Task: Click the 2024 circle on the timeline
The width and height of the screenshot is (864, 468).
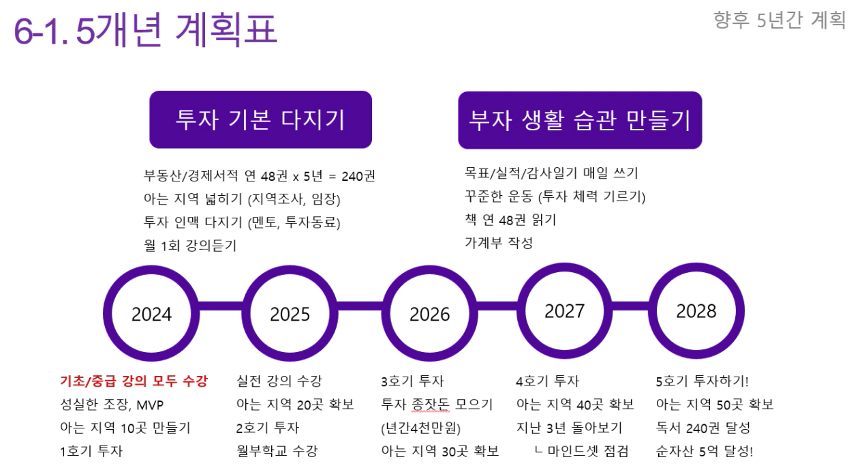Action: point(151,313)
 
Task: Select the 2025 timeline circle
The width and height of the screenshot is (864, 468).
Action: point(290,313)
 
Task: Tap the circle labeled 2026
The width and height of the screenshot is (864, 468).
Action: point(430,313)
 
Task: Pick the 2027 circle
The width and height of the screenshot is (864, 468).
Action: point(564,311)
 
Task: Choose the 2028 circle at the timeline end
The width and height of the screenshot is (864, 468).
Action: point(696,311)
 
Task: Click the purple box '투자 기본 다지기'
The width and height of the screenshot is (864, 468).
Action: point(261,119)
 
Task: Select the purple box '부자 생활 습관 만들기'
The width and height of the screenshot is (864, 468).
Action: point(580,120)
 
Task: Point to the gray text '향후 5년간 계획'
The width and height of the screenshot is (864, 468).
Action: point(780,20)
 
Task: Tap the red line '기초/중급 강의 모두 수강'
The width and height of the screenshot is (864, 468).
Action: point(134,381)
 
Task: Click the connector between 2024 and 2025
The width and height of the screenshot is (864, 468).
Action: point(221,306)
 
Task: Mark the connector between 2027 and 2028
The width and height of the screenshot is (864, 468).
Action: point(631,306)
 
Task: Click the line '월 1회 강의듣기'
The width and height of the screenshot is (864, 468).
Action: point(190,245)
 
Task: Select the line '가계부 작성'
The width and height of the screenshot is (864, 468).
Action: point(499,242)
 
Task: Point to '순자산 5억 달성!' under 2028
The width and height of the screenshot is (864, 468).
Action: point(705,451)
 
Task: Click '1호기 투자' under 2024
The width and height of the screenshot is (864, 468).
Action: point(91,451)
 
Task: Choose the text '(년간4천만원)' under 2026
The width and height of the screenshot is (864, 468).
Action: point(421,428)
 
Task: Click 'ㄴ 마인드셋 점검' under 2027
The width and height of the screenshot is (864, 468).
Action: point(582,451)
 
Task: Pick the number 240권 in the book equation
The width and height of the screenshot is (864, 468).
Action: point(358,176)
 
